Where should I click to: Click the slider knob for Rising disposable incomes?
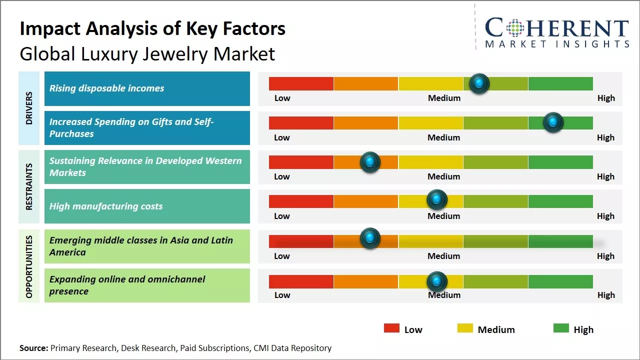click(x=479, y=83)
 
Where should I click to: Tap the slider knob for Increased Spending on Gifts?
click(x=553, y=122)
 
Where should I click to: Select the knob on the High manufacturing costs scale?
click(x=437, y=200)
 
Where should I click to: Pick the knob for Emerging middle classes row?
click(x=370, y=238)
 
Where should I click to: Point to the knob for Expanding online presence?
click(x=437, y=281)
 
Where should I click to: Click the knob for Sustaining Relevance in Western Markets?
click(x=370, y=162)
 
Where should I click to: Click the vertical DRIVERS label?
click(x=29, y=108)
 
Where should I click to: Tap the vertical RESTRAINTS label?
click(x=29, y=186)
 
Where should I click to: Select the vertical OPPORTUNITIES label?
click(x=29, y=266)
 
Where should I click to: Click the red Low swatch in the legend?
click(x=391, y=328)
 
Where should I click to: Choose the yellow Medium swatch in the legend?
click(x=465, y=328)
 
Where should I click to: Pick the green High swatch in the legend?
click(x=561, y=328)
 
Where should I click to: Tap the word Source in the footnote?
click(x=33, y=348)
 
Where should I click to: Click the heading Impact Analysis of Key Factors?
click(x=152, y=28)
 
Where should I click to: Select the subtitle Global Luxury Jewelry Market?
click(x=147, y=53)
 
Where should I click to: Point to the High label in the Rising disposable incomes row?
click(x=606, y=98)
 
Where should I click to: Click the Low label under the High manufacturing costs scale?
click(x=282, y=216)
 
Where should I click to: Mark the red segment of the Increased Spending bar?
click(x=301, y=123)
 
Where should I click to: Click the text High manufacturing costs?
click(x=106, y=206)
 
